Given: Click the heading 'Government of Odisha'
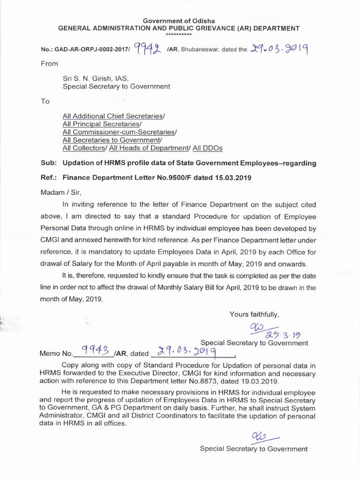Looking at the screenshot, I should point(179,21).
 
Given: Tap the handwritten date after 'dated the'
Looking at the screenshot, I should point(278,48).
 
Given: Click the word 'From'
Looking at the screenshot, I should point(49,63).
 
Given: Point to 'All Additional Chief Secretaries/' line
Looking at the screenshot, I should point(114,115).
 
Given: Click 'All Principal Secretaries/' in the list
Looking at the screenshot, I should point(102,124).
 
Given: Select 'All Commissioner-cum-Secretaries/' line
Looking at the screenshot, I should point(120,132).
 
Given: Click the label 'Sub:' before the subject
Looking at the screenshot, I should point(49,163).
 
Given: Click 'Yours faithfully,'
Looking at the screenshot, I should point(254,314).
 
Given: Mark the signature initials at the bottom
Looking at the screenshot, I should point(259,436).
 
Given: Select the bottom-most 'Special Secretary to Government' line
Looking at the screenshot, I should point(254,449).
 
